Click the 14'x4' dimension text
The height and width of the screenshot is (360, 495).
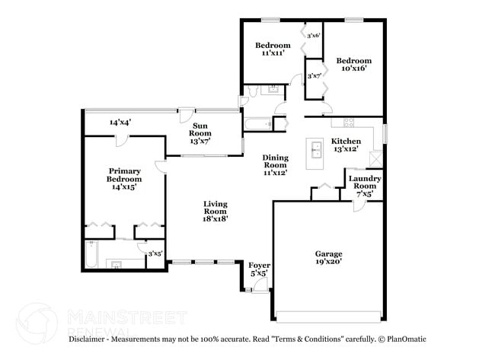click(x=120, y=122)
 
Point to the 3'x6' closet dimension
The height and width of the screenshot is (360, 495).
click(x=313, y=35)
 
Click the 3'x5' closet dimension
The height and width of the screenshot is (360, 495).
click(x=155, y=253)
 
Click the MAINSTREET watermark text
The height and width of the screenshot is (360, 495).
click(x=127, y=315)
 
